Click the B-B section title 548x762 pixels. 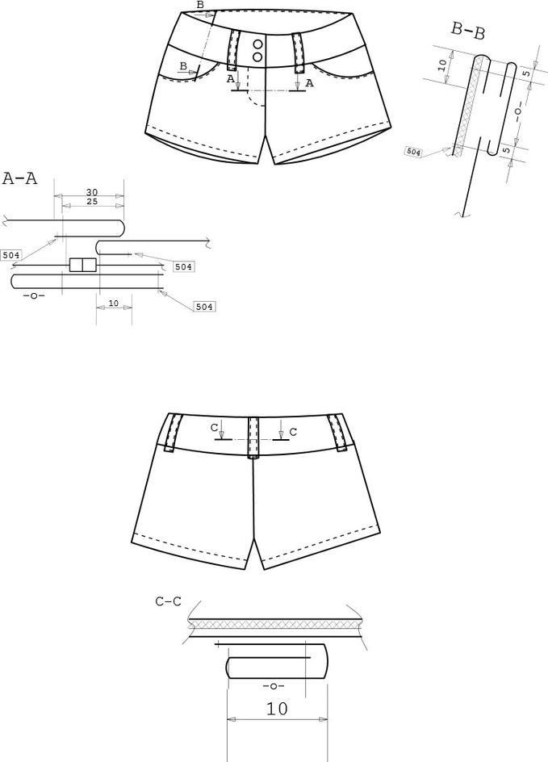[x=468, y=31]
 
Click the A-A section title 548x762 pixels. [x=20, y=179]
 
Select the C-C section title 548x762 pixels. [x=168, y=601]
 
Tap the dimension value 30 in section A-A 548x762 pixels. [x=92, y=192]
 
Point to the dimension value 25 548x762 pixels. [x=92, y=202]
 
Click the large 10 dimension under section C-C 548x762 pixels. [x=277, y=709]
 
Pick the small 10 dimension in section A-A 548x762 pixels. [x=114, y=303]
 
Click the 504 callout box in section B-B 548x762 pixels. [x=414, y=152]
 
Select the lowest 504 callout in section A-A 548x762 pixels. [x=204, y=307]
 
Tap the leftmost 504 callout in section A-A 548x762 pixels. [x=11, y=255]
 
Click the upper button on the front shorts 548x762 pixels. [x=258, y=44]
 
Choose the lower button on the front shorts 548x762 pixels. [x=258, y=57]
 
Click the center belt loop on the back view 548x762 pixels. [x=253, y=437]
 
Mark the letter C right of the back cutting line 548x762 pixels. [x=293, y=432]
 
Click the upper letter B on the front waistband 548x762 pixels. [x=200, y=5]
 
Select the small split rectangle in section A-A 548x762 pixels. [x=83, y=265]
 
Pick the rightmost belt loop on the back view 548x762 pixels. [x=337, y=431]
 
